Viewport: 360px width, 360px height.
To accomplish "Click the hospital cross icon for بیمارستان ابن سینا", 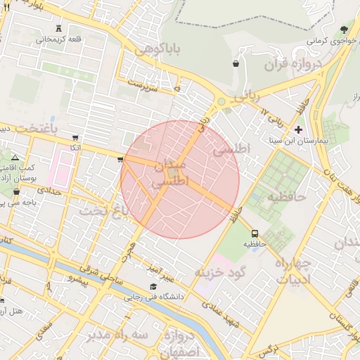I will (299, 129).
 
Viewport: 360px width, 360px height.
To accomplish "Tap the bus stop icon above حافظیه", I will (254, 233).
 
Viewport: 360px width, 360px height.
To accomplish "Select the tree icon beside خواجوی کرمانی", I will (344, 30).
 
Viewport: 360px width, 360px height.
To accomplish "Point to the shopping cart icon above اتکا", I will (75, 139).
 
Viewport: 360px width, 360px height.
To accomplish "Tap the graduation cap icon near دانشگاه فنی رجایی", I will (154, 286).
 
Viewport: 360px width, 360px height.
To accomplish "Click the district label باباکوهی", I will (158, 50).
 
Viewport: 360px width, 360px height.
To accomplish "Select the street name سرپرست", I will (141, 83).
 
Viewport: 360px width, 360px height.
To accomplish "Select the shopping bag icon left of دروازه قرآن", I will (235, 64).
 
